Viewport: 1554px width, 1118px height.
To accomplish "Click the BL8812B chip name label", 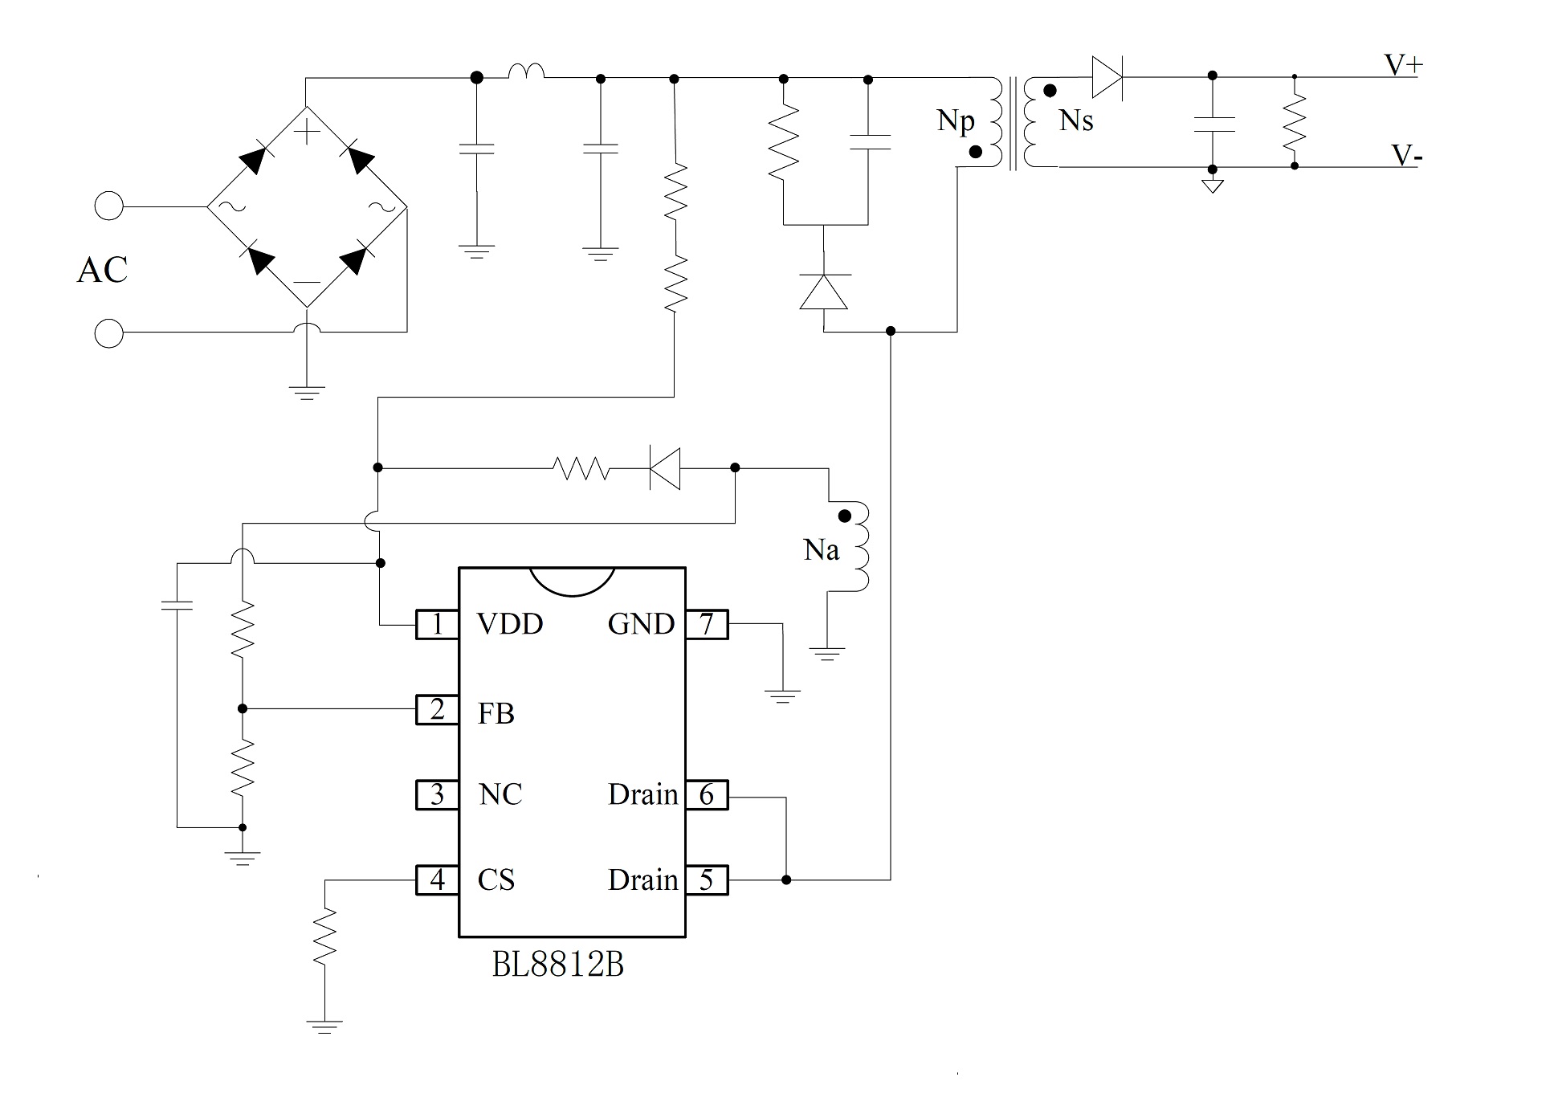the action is tap(557, 965).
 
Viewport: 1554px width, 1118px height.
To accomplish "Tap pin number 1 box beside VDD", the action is tap(437, 624).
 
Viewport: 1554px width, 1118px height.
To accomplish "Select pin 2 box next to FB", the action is tap(437, 710).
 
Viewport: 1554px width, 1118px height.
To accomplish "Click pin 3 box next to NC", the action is tap(437, 794).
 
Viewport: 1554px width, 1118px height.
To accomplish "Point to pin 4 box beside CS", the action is tap(437, 879).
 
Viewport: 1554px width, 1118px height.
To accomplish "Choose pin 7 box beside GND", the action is tap(707, 624).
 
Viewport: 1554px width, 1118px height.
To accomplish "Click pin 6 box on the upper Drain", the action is tap(707, 794).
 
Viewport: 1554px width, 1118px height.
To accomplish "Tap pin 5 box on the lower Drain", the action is tap(707, 879).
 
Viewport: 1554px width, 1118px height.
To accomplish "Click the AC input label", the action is tap(102, 270).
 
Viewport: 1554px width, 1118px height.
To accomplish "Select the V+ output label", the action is tap(1403, 65).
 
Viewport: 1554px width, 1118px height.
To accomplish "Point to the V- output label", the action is tap(1406, 155).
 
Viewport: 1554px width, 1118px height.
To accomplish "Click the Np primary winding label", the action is tap(956, 121).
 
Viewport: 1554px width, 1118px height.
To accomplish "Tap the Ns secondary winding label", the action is tap(1076, 120).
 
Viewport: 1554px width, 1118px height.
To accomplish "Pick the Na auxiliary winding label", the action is tap(821, 550).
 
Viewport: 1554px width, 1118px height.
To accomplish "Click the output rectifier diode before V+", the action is tap(1107, 77).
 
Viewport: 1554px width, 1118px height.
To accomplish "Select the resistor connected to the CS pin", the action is tap(324, 935).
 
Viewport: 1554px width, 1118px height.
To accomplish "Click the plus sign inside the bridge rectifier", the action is tap(307, 129).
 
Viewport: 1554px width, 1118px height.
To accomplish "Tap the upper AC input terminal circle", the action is tap(109, 206).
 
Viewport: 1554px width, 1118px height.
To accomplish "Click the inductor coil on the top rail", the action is tap(526, 71).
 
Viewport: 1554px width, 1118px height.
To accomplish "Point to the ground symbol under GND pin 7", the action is tap(782, 696).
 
